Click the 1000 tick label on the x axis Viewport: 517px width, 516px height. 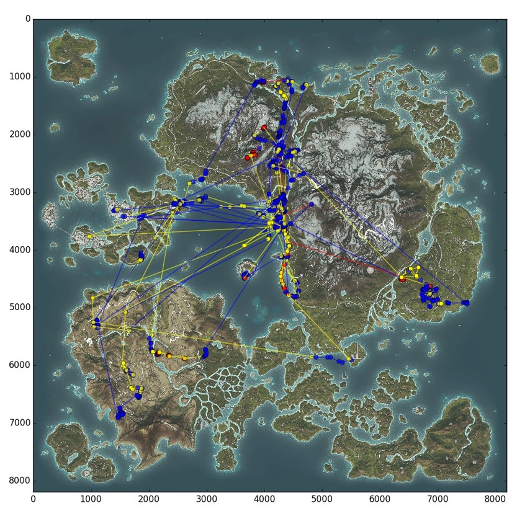pyautogui.click(x=91, y=497)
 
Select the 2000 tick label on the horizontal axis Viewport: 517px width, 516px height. pyautogui.click(x=149, y=497)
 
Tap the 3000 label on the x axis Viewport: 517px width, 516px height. pyautogui.click(x=207, y=497)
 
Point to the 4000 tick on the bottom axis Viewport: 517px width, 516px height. pyautogui.click(x=264, y=497)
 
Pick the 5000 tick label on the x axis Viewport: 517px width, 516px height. pyautogui.click(x=323, y=497)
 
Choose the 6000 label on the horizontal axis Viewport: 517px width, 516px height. pyautogui.click(x=380, y=497)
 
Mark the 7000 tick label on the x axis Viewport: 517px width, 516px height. pyautogui.click(x=438, y=497)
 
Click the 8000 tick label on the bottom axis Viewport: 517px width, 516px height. pyautogui.click(x=496, y=497)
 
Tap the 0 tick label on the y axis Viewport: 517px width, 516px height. pyautogui.click(x=27, y=19)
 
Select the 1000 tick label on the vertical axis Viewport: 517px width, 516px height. pyautogui.click(x=20, y=77)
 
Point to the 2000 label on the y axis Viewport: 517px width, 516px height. pyautogui.click(x=20, y=135)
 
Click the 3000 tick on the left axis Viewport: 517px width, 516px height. pyautogui.click(x=20, y=192)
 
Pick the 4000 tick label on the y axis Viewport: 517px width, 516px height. pyautogui.click(x=20, y=250)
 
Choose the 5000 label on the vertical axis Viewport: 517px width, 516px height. pyautogui.click(x=20, y=308)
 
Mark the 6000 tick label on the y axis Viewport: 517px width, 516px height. pyautogui.click(x=20, y=365)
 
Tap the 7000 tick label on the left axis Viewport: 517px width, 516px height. pyautogui.click(x=20, y=423)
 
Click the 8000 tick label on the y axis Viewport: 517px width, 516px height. pyautogui.click(x=20, y=481)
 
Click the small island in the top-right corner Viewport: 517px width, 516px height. pyautogui.click(x=490, y=63)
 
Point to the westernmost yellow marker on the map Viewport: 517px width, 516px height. pyautogui.click(x=89, y=236)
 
